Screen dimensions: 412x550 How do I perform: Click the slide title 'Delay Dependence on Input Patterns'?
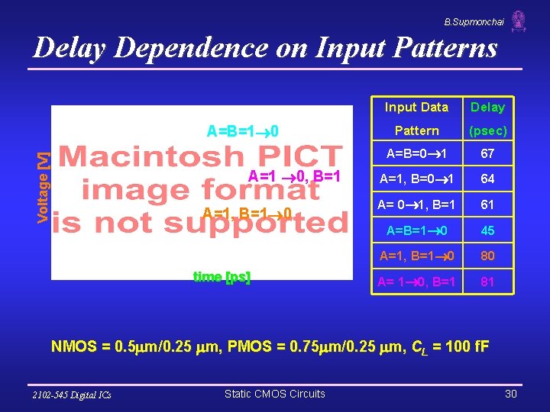coord(265,49)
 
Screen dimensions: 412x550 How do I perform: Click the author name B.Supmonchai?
coord(474,22)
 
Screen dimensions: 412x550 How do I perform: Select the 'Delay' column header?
coord(487,108)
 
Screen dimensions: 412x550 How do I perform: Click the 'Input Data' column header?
coord(416,108)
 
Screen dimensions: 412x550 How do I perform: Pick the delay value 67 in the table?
coord(487,154)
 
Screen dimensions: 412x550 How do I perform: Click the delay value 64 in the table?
coord(487,179)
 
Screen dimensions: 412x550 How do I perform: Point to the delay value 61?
coord(487,204)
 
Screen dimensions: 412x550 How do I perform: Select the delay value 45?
coord(487,230)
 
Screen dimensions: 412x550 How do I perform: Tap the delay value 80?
coord(487,256)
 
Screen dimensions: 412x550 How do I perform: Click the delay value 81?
coord(487,282)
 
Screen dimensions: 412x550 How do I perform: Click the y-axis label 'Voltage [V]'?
coord(44,187)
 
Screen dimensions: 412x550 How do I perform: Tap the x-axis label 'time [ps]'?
coord(222,277)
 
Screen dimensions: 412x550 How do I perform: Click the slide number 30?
coord(511,394)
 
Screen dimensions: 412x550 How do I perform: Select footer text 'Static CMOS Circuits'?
coord(274,394)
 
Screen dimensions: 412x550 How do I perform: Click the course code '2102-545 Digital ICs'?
coord(72,394)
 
